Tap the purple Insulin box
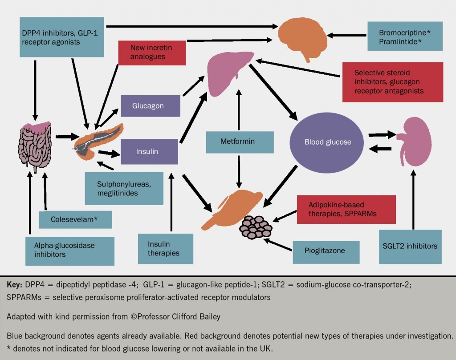(x=149, y=151)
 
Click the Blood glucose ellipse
(x=328, y=142)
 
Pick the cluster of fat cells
(x=256, y=227)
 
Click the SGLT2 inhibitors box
(x=410, y=246)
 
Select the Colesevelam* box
(x=74, y=219)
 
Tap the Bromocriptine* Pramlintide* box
(x=405, y=36)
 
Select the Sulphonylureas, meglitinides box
(x=123, y=188)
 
